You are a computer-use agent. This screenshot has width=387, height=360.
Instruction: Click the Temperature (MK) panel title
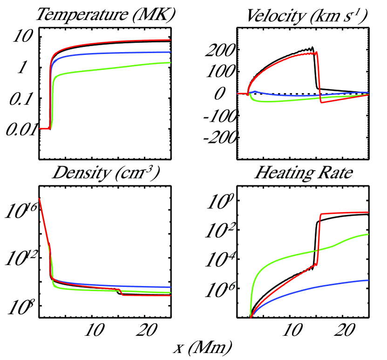[105, 15]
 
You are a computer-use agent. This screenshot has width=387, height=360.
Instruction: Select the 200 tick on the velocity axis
[223, 50]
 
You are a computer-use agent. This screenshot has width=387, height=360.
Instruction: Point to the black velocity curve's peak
[312, 47]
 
